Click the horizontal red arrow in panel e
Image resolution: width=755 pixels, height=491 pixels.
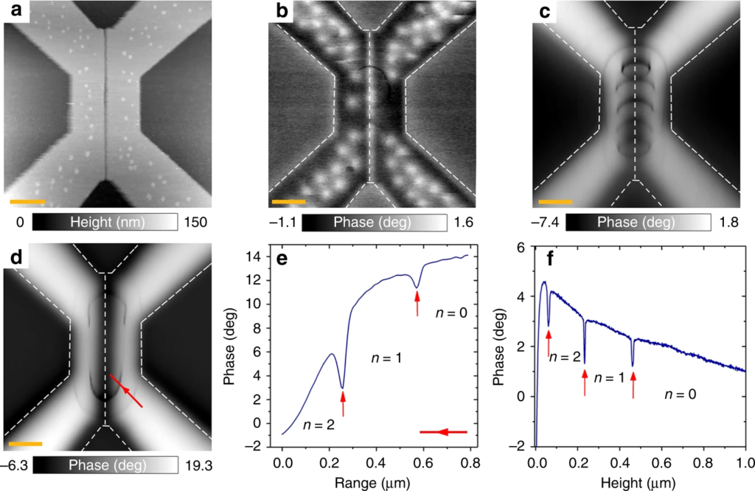444,432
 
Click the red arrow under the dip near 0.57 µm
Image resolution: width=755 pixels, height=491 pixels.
417,304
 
